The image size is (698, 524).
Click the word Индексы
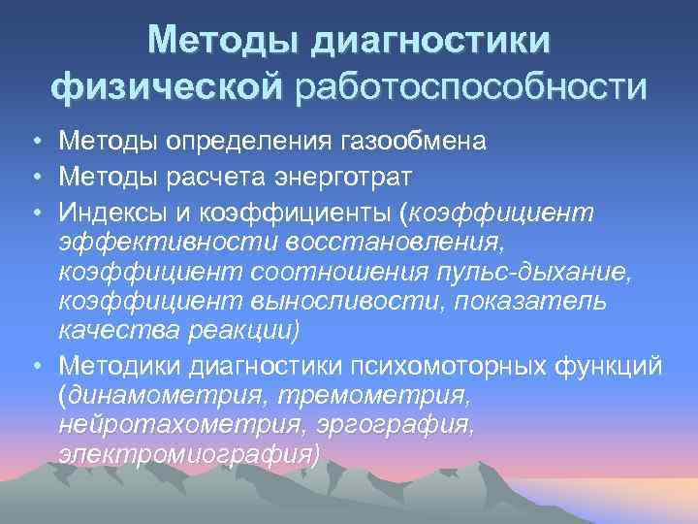tap(113, 212)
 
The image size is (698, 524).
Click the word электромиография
tap(188, 454)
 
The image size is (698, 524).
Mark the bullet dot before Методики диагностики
tap(35, 366)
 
